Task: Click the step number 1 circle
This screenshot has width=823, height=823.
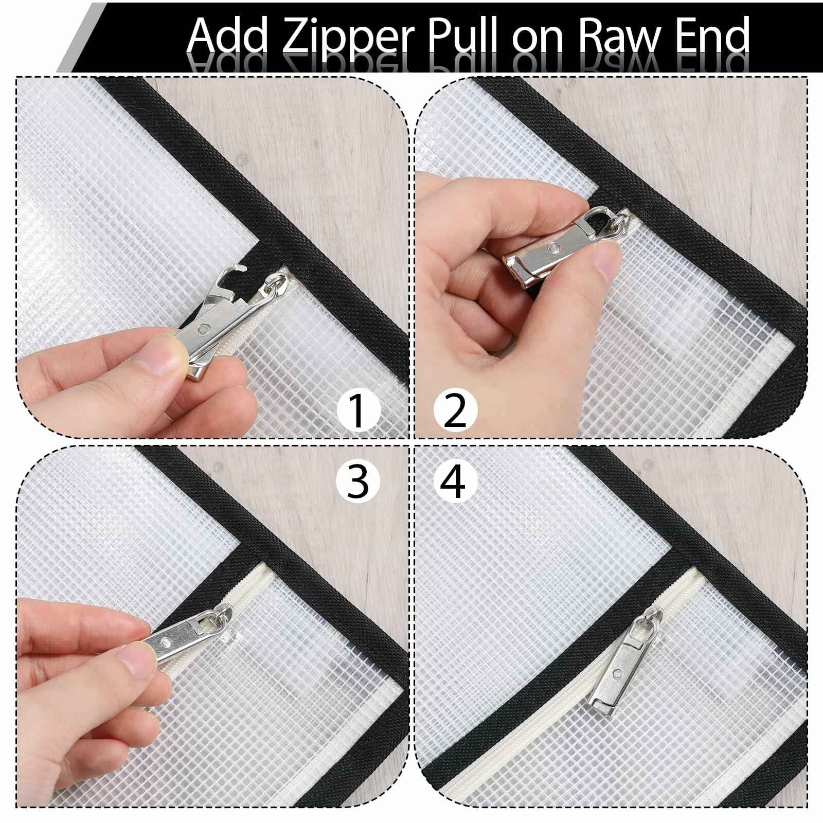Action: [358, 410]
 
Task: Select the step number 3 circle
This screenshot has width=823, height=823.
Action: [358, 482]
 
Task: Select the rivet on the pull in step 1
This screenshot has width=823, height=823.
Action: [205, 327]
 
